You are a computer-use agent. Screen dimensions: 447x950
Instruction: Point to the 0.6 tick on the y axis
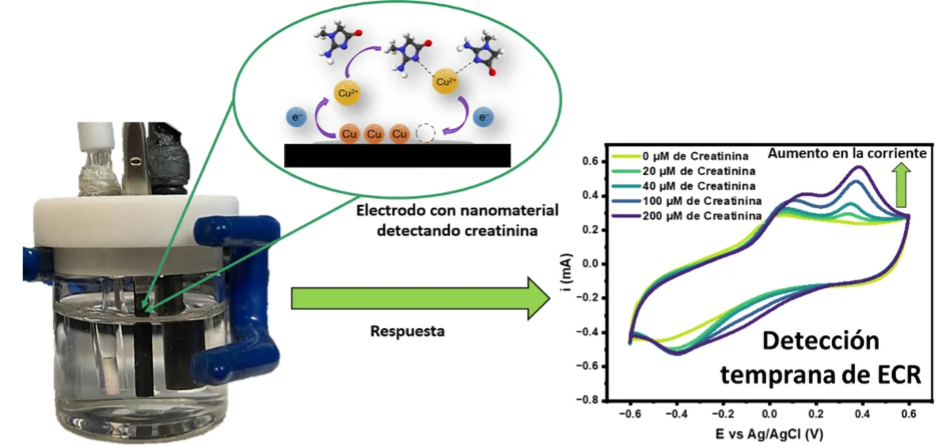click(591, 161)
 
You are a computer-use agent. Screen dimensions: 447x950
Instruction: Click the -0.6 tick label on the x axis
click(629, 413)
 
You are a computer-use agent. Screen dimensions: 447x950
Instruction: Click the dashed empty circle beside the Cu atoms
click(428, 134)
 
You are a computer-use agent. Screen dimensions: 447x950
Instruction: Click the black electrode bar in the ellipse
click(396, 156)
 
